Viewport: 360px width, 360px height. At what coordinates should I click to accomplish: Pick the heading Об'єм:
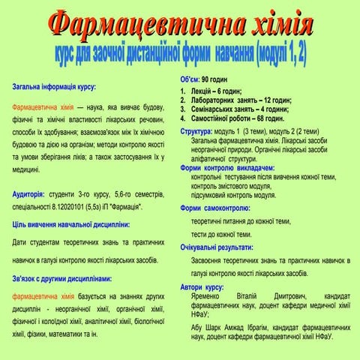(x=190, y=79)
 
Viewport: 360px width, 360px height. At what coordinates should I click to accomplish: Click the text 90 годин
(x=220, y=79)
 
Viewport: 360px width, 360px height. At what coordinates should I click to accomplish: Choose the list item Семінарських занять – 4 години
(x=239, y=109)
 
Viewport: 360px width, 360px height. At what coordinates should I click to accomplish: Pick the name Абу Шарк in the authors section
(x=208, y=326)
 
